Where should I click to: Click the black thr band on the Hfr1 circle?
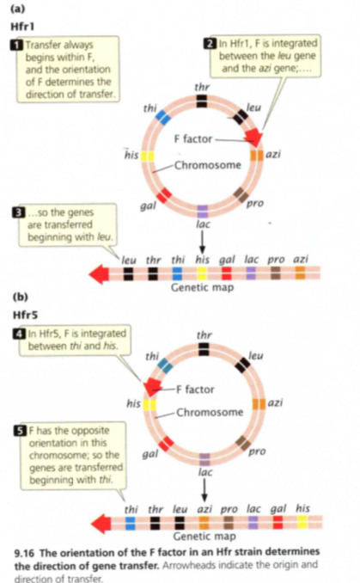[x=201, y=101]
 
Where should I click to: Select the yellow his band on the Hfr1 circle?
[x=147, y=156]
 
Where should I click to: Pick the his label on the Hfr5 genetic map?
[x=302, y=508]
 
